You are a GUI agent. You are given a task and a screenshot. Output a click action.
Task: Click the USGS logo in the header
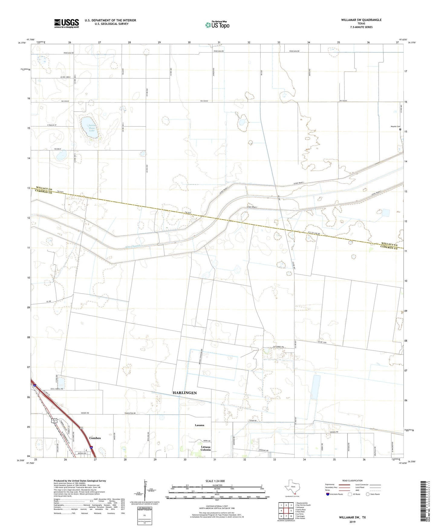[66, 23]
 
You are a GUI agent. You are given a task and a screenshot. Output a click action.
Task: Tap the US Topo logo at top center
[217, 25]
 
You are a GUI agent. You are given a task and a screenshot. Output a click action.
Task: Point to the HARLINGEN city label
[184, 393]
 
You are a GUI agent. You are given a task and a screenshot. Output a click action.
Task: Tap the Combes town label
[95, 438]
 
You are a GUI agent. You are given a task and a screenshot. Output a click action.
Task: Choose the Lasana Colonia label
[206, 448]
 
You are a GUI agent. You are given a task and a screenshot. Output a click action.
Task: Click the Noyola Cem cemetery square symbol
[400, 129]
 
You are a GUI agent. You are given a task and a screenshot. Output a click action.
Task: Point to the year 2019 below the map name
[352, 522]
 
